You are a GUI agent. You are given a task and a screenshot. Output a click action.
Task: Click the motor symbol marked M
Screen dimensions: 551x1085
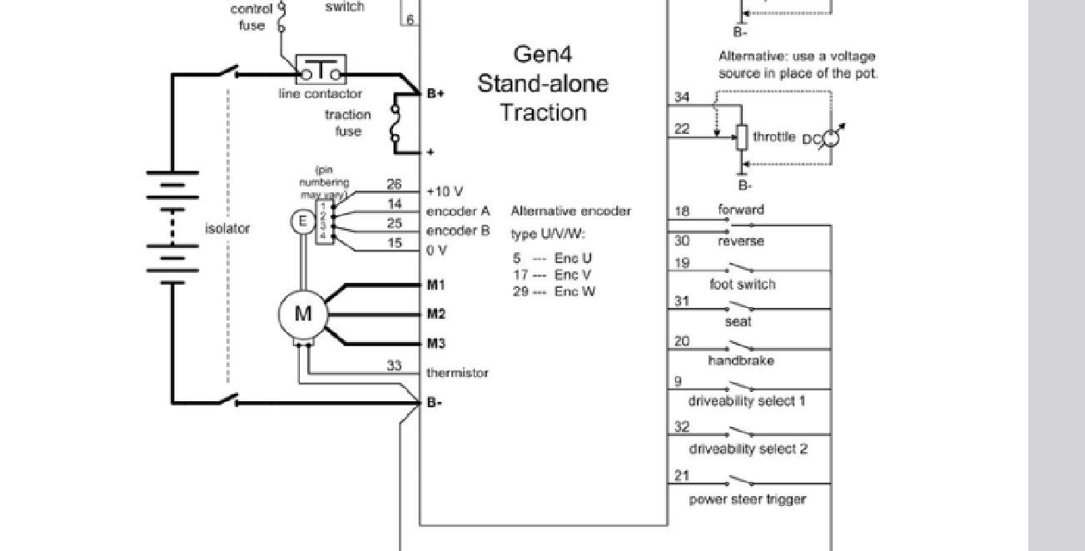tap(303, 315)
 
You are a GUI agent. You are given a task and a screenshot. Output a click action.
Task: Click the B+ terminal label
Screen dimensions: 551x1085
tap(435, 94)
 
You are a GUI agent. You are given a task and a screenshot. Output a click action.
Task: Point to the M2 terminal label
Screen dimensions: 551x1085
tap(435, 315)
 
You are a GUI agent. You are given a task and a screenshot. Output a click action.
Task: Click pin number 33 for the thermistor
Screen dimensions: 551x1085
tap(394, 365)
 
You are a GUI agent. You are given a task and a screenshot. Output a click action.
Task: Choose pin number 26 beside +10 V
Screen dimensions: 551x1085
tap(394, 185)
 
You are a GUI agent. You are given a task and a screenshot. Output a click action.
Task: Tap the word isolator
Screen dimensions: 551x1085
tap(227, 229)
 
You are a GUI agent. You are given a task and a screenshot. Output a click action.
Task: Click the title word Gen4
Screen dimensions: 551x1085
tap(542, 55)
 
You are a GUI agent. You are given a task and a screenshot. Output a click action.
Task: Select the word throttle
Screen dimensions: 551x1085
tap(774, 137)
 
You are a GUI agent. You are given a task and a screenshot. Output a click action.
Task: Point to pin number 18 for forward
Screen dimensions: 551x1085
tap(681, 211)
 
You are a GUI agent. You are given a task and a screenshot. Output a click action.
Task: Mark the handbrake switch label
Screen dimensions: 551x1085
tap(740, 360)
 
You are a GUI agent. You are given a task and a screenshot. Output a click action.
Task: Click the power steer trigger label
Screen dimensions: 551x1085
tap(747, 499)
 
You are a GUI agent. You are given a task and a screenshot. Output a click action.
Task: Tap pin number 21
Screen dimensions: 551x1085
tap(681, 476)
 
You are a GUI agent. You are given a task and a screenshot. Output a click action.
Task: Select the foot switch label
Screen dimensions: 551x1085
tap(742, 284)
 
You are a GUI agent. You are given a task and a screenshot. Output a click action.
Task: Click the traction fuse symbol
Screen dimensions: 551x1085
tap(397, 123)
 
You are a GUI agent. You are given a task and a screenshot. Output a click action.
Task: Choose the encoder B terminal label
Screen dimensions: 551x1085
tap(458, 231)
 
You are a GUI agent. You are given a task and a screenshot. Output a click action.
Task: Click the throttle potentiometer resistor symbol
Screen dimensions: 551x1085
tap(740, 137)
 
